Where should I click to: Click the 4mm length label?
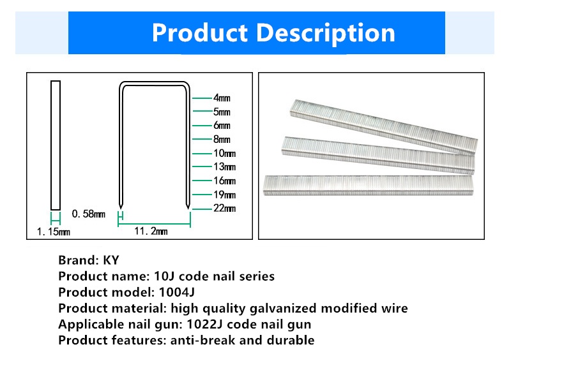222,98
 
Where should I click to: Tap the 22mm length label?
224,208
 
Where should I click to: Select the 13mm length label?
224,166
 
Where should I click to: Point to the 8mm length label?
222,139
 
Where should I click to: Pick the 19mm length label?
224,195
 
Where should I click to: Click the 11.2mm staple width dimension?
151,231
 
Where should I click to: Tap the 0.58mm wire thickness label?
89,214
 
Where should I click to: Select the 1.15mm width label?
53,232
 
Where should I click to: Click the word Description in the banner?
326,33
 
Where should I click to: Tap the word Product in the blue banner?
200,33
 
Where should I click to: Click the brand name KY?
111,260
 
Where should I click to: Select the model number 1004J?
177,292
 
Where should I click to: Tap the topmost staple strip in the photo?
384,127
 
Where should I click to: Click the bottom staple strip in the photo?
369,186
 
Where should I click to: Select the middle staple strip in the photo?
378,155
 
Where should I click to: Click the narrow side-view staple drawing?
56,145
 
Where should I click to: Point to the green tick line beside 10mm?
202,154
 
